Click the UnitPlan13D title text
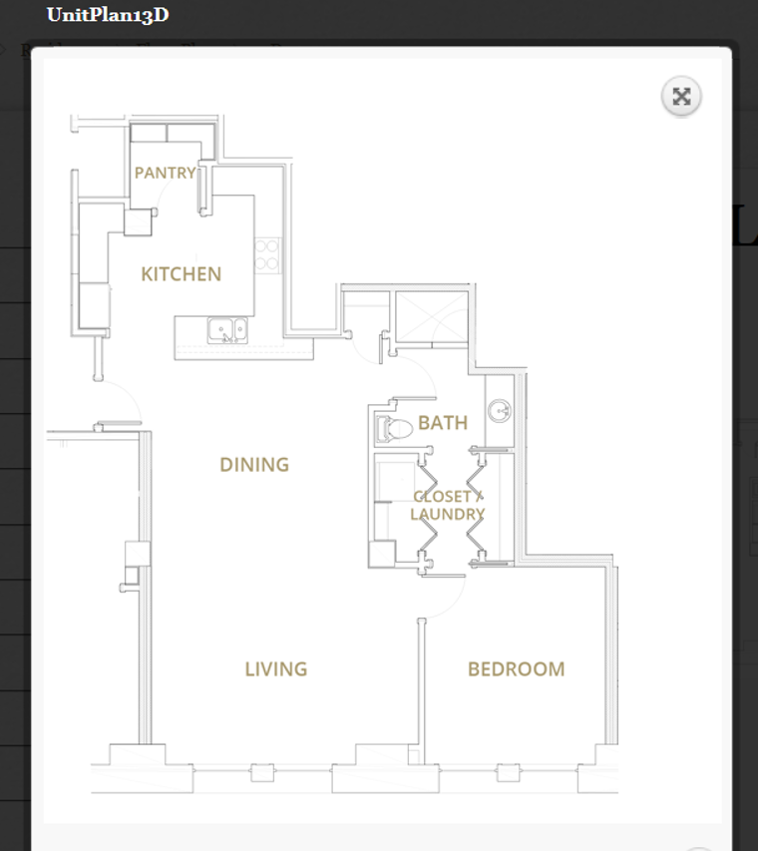tap(107, 15)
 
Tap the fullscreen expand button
tap(681, 96)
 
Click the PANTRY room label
tap(165, 173)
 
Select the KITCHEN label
tap(181, 273)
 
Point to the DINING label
tap(254, 464)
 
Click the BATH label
tap(442, 422)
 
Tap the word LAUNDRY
tap(448, 515)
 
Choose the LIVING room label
tap(275, 668)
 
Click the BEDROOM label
tap(516, 668)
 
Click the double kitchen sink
tap(227, 329)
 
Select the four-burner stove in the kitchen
tap(267, 254)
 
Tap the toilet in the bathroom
tap(395, 429)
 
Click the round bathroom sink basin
tap(499, 410)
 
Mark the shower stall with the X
tap(430, 318)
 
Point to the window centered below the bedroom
tap(510, 771)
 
